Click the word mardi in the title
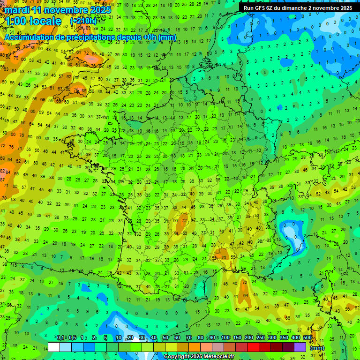pos(16,10)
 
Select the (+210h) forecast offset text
pos(83,21)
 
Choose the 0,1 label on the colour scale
pos(60,338)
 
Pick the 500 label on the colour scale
pos(307,338)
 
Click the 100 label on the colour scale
pos(225,338)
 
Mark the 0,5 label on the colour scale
pos(72,338)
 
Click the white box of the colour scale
pos(53,347)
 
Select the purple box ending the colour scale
pos(300,347)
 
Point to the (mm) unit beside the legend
pos(317,348)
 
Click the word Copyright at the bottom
pos(177,357)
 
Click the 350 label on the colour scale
pos(284,338)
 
